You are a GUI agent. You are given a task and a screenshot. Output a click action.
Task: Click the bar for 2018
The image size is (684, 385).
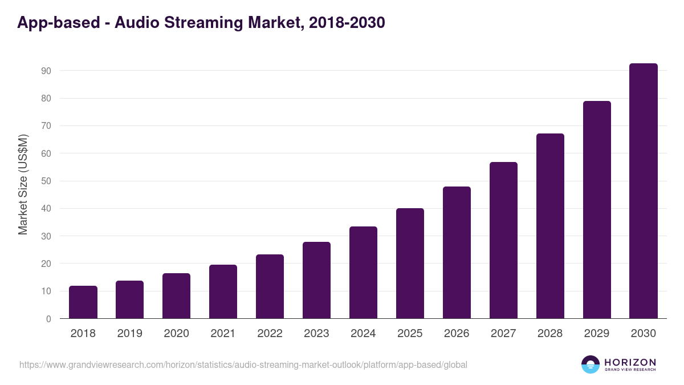tap(83, 302)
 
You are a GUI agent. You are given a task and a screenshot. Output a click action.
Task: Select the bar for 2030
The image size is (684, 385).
tap(644, 191)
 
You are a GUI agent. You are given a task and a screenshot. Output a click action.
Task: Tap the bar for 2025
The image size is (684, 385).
tap(410, 264)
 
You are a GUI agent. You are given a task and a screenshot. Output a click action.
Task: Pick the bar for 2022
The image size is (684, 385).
tap(270, 286)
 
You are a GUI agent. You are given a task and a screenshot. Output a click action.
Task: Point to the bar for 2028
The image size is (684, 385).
tap(550, 226)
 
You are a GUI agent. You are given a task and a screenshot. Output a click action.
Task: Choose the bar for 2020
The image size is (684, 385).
tap(177, 296)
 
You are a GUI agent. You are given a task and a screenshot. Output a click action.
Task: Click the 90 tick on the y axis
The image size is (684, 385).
tap(46, 71)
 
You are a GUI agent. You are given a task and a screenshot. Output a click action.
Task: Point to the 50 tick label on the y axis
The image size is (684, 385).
tap(46, 181)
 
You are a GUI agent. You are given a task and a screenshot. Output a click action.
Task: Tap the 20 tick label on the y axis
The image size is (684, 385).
tap(46, 264)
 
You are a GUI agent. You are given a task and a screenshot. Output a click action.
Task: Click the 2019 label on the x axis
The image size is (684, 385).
tap(129, 334)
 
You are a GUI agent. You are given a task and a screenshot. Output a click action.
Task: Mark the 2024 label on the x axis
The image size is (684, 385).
tap(363, 334)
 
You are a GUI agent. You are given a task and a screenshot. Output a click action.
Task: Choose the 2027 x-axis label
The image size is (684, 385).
tap(503, 334)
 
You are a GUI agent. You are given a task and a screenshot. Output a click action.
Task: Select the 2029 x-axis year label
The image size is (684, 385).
tap(597, 334)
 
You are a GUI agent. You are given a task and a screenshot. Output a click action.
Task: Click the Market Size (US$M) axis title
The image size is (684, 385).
tap(23, 185)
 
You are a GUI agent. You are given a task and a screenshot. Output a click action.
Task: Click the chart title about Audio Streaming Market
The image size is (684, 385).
tap(201, 22)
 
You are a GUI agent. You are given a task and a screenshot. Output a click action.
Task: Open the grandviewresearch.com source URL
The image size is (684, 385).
tap(243, 364)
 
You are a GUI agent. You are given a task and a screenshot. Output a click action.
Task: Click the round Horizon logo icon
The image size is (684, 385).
tap(591, 364)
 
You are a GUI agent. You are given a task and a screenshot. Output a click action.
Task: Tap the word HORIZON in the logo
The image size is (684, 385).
tap(630, 362)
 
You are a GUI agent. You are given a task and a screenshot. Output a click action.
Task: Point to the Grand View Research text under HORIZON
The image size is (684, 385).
tap(630, 370)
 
